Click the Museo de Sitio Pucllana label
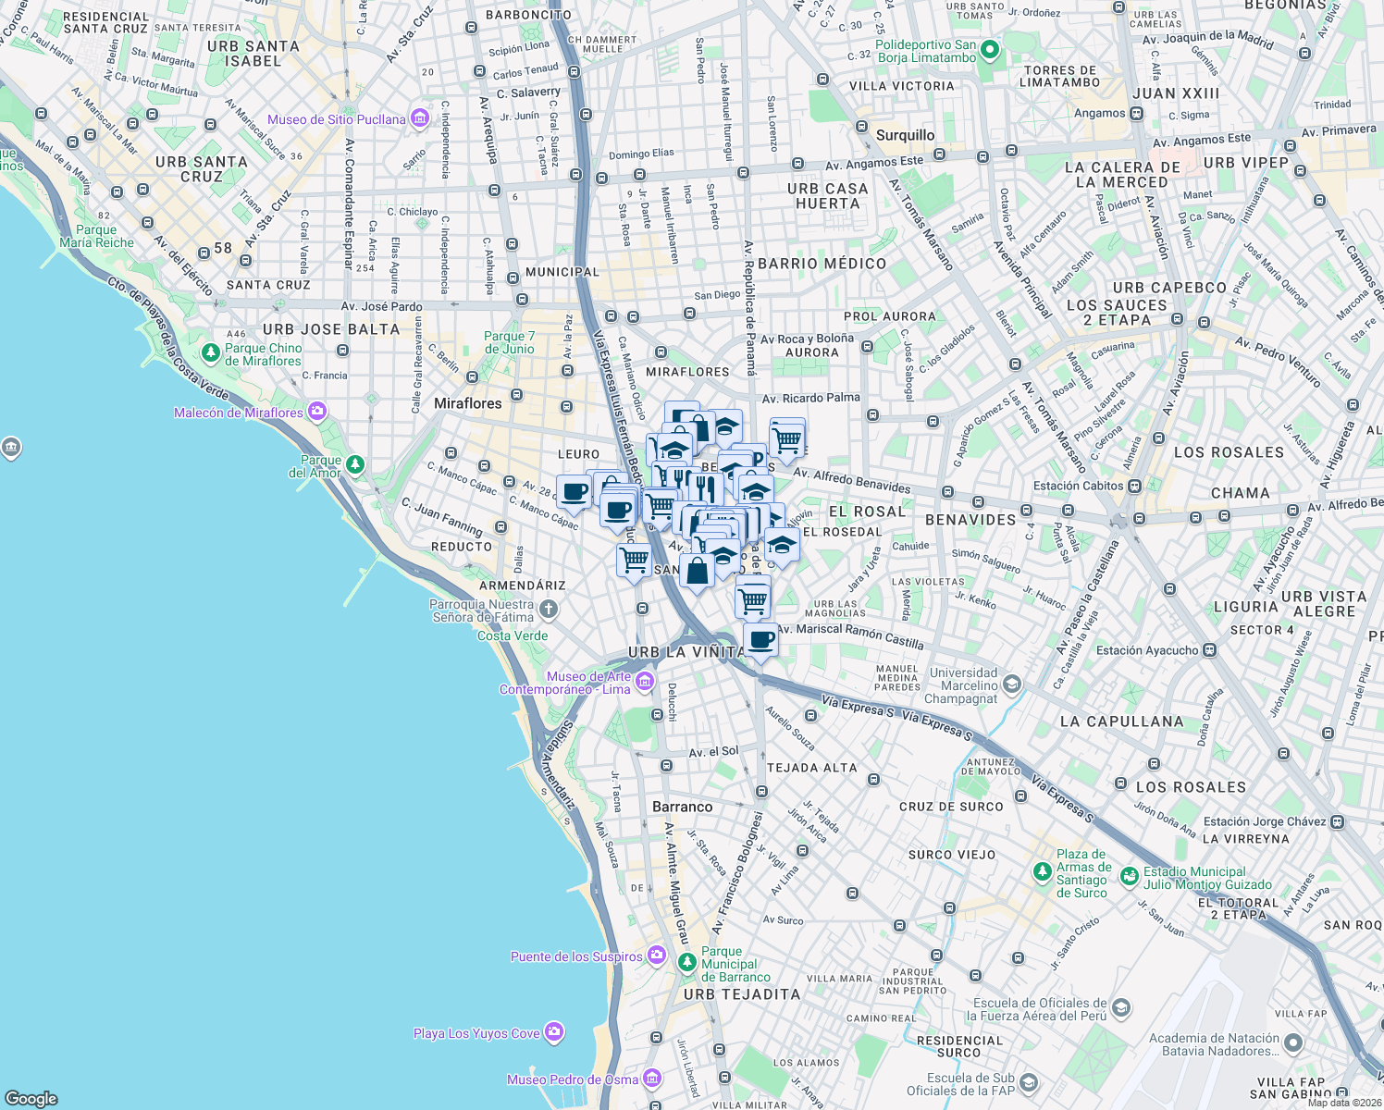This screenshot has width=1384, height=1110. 337,119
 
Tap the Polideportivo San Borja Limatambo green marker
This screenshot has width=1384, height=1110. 990,50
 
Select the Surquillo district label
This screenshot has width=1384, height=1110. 905,135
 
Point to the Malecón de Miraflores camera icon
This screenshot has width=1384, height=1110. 317,412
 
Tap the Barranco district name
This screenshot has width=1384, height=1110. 682,807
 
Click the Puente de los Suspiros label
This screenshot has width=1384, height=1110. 575,956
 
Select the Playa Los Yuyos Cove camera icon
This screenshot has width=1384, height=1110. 553,1032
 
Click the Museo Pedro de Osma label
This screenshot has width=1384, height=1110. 573,1079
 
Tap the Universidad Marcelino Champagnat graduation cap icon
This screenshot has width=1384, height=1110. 1011,684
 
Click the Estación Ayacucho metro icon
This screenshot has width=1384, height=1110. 1208,650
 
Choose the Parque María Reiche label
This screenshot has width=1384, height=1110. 96,237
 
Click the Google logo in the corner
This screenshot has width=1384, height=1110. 31,1098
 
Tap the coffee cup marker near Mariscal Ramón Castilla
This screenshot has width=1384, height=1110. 760,640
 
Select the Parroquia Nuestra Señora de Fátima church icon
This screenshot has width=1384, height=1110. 549,609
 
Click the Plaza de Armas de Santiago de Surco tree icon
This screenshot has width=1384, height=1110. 1043,872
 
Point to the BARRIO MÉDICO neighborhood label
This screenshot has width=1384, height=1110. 822,264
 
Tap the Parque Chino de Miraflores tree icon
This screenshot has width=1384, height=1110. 210,353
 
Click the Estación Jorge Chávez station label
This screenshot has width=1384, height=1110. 1265,821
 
